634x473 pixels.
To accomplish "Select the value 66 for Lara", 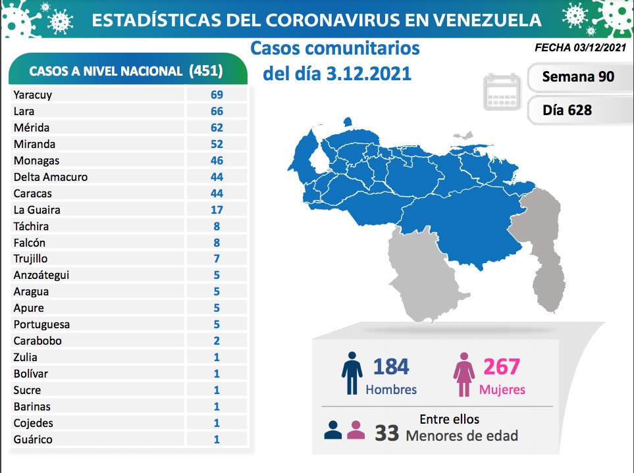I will click(217, 111).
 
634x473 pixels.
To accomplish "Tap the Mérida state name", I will click(31, 128).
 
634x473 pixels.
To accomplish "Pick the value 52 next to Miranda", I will click(217, 144).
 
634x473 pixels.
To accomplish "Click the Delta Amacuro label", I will click(50, 177).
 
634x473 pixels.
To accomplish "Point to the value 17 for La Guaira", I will click(217, 210).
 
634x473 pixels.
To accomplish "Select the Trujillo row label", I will click(30, 259).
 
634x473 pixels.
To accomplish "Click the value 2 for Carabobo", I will click(217, 341).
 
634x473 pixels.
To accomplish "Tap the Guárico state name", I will click(32, 439).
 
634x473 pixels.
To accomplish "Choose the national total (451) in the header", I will click(205, 70).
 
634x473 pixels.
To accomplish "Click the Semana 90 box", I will click(578, 77).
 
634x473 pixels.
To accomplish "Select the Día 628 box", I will click(568, 110).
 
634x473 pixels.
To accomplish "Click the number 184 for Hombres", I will click(390, 366).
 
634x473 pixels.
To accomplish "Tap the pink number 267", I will click(502, 366).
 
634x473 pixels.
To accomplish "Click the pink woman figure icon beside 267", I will click(463, 375).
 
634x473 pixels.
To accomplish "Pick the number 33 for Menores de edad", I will click(386, 433).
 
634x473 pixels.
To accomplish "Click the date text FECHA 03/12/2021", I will click(579, 48).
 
